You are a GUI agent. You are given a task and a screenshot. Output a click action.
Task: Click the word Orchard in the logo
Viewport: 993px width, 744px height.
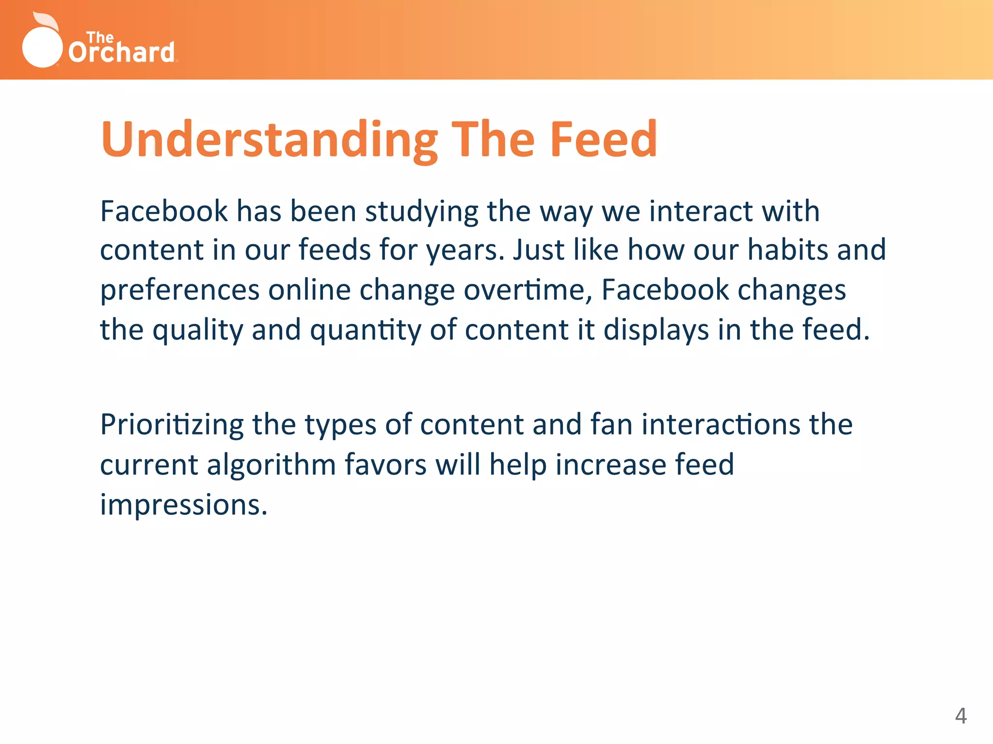tap(122, 52)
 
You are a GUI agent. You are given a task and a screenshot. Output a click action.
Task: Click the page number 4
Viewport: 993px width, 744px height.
tap(961, 716)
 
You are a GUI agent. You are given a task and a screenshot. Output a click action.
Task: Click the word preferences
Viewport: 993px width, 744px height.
tap(180, 291)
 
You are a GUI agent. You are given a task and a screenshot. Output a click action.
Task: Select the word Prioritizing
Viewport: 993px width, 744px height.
tap(172, 425)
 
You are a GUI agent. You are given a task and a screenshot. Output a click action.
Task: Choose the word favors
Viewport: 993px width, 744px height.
tap(385, 465)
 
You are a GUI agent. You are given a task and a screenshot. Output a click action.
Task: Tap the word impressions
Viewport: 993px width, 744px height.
tap(183, 505)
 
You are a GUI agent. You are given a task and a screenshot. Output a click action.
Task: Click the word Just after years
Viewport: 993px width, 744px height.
tap(538, 250)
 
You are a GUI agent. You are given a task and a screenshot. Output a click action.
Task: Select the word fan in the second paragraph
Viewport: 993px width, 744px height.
tap(611, 424)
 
